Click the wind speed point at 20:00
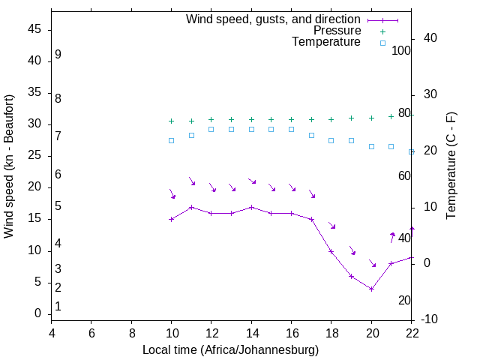pyautogui.click(x=371, y=289)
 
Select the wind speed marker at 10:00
pyautogui.click(x=172, y=219)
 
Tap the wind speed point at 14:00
pyautogui.click(x=251, y=207)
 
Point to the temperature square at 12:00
pyautogui.click(x=211, y=129)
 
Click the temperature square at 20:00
pyautogui.click(x=371, y=146)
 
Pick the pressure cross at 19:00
pyautogui.click(x=351, y=118)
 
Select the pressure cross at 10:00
pyautogui.click(x=172, y=121)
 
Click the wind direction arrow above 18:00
pyautogui.click(x=331, y=226)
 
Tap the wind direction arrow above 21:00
pyautogui.click(x=391, y=238)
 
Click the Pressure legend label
pyautogui.click(x=337, y=31)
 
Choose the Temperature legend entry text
pyautogui.click(x=326, y=42)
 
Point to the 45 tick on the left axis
pyautogui.click(x=34, y=29)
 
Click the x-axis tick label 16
pyautogui.click(x=291, y=332)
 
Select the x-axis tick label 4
pyautogui.click(x=52, y=332)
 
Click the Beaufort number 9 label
pyautogui.click(x=58, y=55)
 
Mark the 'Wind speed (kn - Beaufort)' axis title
pyautogui.click(x=9, y=166)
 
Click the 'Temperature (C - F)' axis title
pyautogui.click(x=451, y=166)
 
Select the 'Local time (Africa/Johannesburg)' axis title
pyautogui.click(x=231, y=349)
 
